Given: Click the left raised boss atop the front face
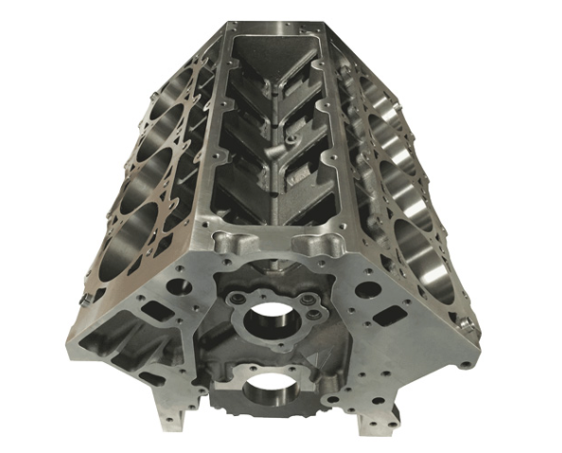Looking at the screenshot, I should tap(231, 245).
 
